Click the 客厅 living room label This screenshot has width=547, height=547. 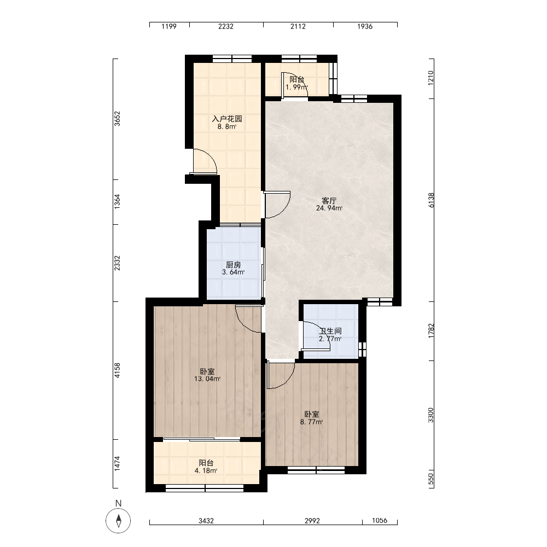click(329, 201)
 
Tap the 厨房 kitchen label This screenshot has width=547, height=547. click(234, 265)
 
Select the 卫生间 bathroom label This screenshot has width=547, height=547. click(330, 331)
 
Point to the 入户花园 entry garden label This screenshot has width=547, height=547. click(227, 119)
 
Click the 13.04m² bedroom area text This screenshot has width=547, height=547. click(207, 379)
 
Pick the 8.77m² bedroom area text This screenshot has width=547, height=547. click(312, 422)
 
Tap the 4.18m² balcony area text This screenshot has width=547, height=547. click(206, 470)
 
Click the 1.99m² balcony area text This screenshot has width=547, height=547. click(296, 87)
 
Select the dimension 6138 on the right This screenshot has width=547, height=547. click(432, 200)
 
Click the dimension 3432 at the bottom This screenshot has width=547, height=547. click(206, 521)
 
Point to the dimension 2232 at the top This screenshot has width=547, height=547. click(226, 26)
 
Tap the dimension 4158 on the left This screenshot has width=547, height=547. click(118, 370)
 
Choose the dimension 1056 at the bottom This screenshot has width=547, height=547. click(380, 521)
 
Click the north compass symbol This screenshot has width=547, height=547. click(118, 521)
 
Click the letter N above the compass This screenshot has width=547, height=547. click(118, 503)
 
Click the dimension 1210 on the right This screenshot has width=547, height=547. click(431, 78)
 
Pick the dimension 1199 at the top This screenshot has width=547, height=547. click(169, 26)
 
